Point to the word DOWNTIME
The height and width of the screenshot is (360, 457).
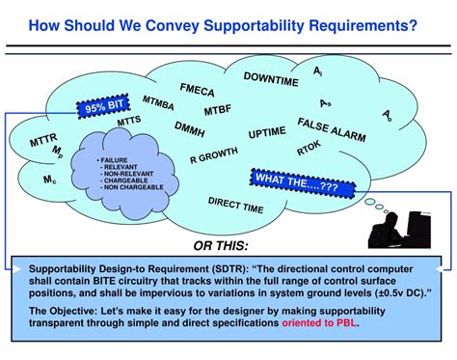point(270,78)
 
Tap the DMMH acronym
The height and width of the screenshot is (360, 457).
point(190,127)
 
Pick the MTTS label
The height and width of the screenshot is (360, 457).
point(127,123)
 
